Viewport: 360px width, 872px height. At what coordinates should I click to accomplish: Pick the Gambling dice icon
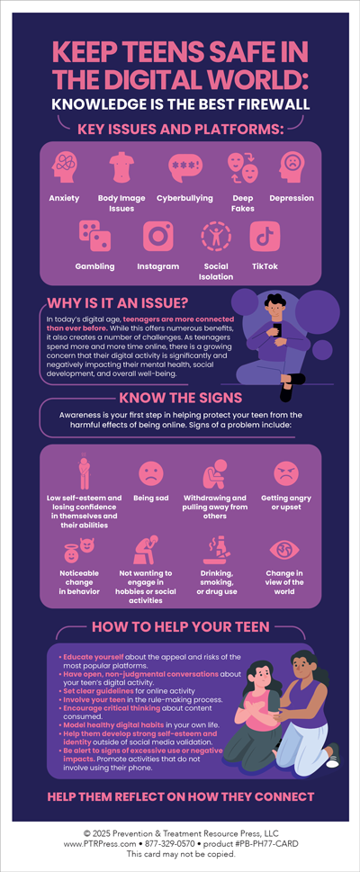95,236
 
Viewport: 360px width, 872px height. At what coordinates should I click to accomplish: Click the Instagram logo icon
158,237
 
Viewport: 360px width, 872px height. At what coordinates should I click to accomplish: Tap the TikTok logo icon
265,236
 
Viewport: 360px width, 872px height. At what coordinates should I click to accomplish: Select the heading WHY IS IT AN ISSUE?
117,303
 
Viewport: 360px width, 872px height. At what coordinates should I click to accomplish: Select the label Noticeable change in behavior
79,582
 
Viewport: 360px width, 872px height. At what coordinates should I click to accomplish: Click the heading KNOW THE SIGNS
180,398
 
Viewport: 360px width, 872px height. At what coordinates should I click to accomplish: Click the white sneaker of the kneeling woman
333,761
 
